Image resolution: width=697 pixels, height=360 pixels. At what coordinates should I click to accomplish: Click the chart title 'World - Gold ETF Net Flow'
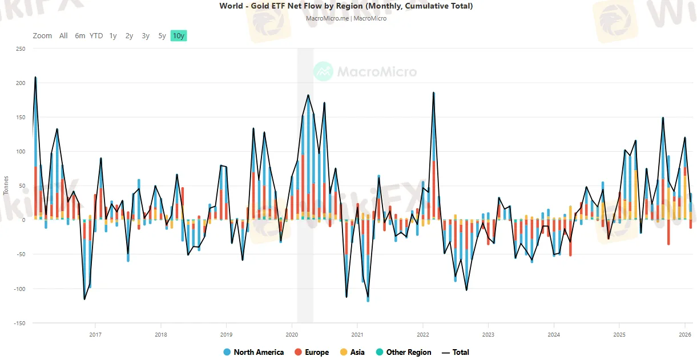(346, 6)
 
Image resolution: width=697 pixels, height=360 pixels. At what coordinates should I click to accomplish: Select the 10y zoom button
(178, 36)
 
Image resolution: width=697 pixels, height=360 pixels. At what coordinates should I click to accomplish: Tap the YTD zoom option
(96, 36)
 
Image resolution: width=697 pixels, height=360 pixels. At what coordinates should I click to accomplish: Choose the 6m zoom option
(80, 36)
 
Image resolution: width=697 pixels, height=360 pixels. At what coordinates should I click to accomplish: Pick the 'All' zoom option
(63, 36)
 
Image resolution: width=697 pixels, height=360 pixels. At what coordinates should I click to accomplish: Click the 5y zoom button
(162, 36)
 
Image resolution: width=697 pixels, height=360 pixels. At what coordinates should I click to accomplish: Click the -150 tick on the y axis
(20, 323)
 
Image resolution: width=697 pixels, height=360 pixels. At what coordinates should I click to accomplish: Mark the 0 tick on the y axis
(23, 220)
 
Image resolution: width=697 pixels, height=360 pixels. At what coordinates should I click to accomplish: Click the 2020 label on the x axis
(292, 335)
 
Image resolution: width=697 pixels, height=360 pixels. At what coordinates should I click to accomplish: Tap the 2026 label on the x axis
(684, 335)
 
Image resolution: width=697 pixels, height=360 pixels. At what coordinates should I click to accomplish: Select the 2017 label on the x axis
(95, 335)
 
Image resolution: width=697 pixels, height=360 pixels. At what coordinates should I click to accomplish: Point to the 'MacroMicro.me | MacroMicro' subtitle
(346, 18)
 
